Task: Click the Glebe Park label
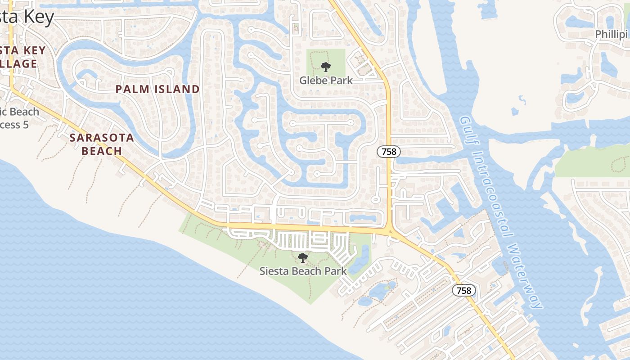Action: click(x=326, y=81)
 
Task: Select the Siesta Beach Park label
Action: click(x=303, y=271)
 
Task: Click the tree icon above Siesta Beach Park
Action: click(x=303, y=258)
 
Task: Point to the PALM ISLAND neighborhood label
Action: click(x=157, y=89)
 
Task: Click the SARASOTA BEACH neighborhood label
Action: click(x=102, y=144)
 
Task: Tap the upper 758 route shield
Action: click(x=389, y=152)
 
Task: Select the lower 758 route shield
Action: click(x=464, y=290)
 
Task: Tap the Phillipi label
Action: click(x=612, y=34)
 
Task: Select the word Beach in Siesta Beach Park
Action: click(x=304, y=271)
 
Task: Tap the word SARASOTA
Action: click(x=102, y=138)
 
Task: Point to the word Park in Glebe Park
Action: click(x=340, y=81)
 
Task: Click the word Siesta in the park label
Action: click(x=274, y=271)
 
